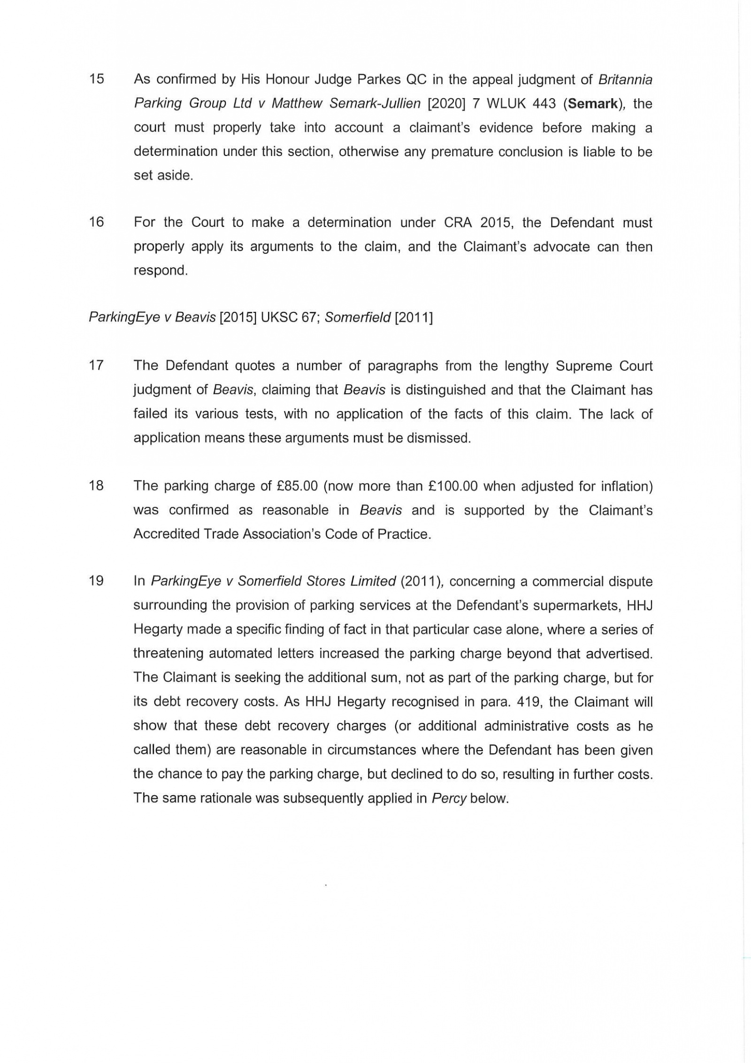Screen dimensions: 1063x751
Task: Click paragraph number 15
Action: click(96, 79)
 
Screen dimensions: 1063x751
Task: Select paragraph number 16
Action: click(96, 222)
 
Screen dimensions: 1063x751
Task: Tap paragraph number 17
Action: click(96, 365)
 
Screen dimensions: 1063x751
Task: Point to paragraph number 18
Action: click(96, 486)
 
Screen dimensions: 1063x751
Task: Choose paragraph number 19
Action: click(96, 581)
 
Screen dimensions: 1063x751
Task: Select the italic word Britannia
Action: click(625, 79)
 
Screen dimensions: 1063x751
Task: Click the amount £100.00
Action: click(453, 486)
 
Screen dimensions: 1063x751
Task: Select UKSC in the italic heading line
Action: click(279, 318)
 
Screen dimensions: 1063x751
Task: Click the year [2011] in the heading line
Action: click(414, 318)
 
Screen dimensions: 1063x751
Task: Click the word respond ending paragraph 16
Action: click(160, 271)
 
